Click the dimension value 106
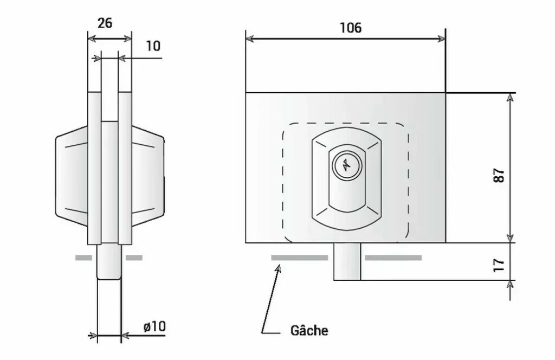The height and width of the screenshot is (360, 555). (350, 28)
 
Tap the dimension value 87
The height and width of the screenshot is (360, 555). (499, 175)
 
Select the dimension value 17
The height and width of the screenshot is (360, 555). (499, 265)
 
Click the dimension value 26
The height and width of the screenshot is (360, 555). (105, 23)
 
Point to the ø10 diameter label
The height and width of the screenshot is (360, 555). (154, 326)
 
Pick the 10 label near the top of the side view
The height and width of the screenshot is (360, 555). (153, 46)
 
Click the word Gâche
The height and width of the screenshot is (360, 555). (309, 330)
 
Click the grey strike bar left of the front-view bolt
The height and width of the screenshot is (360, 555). (299, 258)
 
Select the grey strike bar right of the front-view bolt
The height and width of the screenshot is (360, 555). (393, 258)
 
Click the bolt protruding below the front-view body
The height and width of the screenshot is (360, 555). (347, 261)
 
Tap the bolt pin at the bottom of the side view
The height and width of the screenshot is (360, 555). (109, 261)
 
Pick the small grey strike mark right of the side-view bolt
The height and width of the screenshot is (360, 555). (134, 258)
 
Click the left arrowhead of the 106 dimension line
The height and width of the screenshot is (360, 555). (250, 38)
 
